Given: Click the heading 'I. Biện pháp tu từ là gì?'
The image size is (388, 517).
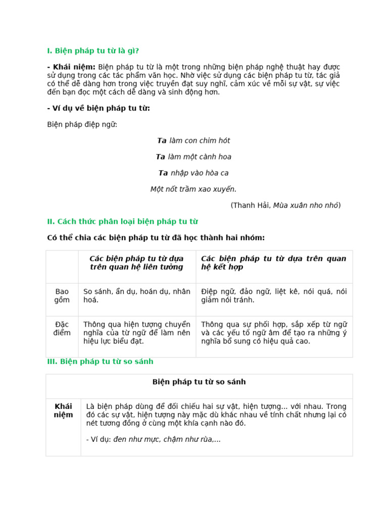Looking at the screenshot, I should [x=92, y=50].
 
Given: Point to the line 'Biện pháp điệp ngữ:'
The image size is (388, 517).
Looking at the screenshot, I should [x=82, y=124].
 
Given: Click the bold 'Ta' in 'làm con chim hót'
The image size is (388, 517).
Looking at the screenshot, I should [x=162, y=140].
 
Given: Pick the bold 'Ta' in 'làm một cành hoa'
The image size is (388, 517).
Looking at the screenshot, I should [x=160, y=157].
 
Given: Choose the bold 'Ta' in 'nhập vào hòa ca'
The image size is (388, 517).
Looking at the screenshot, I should [x=163, y=173].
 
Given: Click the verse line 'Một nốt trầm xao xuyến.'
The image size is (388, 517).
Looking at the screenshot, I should [x=193, y=189].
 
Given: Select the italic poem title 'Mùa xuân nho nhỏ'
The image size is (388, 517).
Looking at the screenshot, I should [x=306, y=205].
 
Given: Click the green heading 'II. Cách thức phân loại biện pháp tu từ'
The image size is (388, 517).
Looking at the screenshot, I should [x=122, y=221].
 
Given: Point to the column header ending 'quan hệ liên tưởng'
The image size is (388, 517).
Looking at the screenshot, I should [x=137, y=263].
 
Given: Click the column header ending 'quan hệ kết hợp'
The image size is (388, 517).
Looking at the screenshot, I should [x=273, y=263].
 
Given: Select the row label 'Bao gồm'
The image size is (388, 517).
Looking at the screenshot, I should [x=62, y=296].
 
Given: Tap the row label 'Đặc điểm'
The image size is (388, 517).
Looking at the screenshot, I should [x=62, y=328].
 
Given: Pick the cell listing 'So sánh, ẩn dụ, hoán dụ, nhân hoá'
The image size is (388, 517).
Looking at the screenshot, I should [x=137, y=296].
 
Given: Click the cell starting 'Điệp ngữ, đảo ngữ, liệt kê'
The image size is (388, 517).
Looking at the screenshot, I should [x=273, y=296].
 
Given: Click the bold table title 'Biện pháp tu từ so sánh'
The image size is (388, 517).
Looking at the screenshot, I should [x=199, y=382].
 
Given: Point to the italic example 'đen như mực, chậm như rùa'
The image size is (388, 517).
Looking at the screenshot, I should [x=167, y=439].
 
